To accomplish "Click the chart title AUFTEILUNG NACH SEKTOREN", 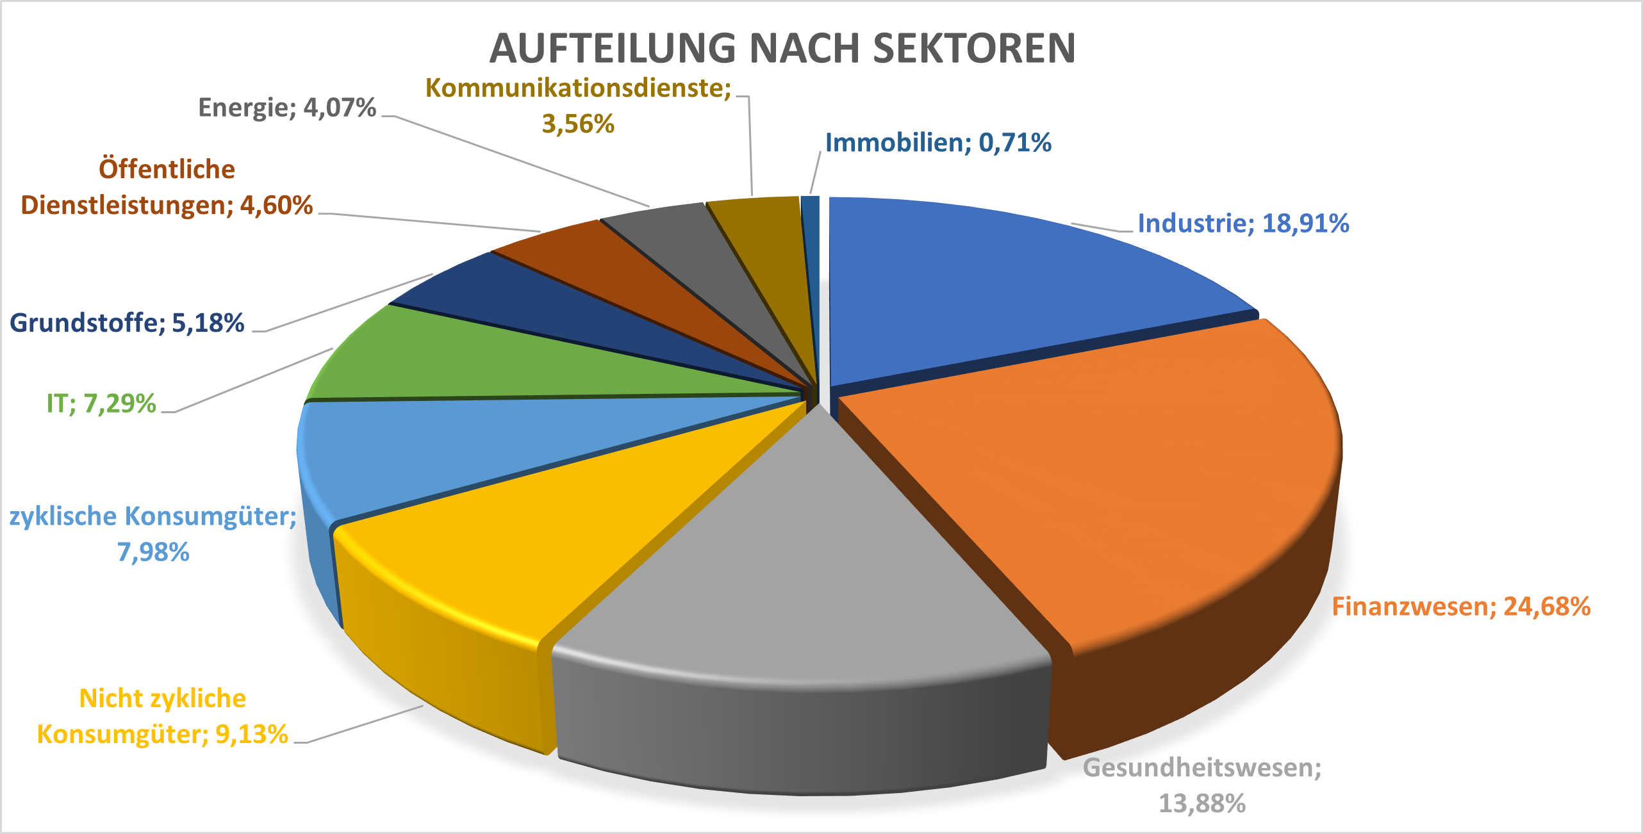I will tap(782, 49).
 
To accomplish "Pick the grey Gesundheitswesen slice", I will tap(801, 576).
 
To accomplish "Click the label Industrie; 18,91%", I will tap(1243, 224).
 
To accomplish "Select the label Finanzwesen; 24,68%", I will tap(1461, 607).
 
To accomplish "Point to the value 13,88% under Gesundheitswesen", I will tap(1201, 803).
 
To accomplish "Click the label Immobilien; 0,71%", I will tap(938, 143).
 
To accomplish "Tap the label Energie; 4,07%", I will tap(286, 108).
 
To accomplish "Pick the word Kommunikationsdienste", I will tap(578, 88).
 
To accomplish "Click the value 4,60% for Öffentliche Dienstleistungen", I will tap(276, 206).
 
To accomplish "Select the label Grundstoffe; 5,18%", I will tap(127, 323).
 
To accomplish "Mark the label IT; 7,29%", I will tap(101, 404).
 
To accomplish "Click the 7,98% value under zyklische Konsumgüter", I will tap(153, 552).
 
